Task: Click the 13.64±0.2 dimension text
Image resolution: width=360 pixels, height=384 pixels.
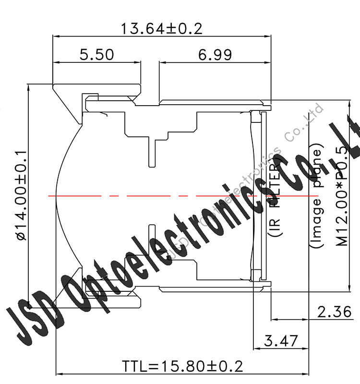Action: click(161, 28)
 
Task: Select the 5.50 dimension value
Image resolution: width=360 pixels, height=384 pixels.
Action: click(97, 55)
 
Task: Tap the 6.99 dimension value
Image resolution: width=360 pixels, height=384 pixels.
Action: click(215, 55)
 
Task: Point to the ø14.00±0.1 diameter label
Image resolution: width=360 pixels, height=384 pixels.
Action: click(21, 194)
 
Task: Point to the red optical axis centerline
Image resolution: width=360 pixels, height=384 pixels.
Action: click(144, 196)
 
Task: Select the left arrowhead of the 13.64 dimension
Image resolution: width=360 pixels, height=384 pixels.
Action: click(54, 36)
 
